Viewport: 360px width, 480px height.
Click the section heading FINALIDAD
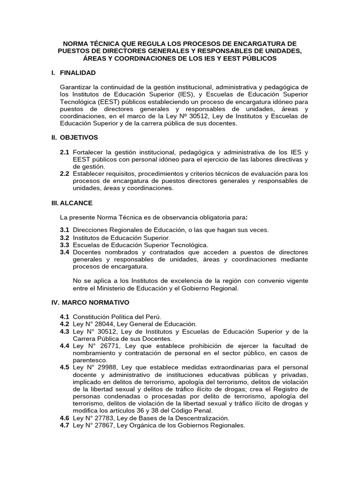click(78, 73)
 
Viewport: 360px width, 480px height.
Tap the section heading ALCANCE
click(76, 203)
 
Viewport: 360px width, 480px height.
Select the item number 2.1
click(64, 152)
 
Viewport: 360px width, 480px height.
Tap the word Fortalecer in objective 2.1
click(89, 152)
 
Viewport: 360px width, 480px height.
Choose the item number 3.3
click(64, 245)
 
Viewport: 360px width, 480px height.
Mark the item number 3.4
click(64, 252)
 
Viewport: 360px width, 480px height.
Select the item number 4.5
click(64, 367)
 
